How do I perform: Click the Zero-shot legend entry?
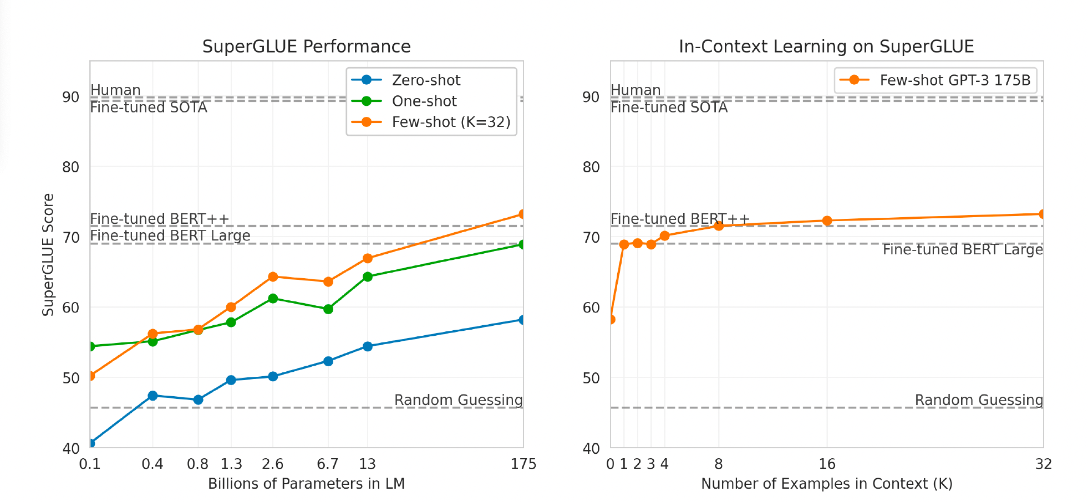(425, 80)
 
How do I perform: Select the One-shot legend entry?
(424, 101)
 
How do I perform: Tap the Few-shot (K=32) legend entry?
(450, 122)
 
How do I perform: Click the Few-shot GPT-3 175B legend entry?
(954, 80)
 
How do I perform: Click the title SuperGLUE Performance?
(306, 47)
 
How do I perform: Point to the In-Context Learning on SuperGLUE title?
(826, 47)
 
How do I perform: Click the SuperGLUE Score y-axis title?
(48, 255)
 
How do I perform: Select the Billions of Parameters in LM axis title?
(306, 484)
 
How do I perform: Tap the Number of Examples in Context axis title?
(826, 484)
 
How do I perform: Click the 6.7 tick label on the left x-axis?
(328, 464)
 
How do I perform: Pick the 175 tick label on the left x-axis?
(523, 464)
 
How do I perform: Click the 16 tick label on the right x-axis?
(827, 464)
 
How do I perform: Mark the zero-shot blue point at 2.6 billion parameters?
(273, 376)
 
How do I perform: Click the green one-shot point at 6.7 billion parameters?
(328, 309)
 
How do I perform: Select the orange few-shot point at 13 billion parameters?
(367, 258)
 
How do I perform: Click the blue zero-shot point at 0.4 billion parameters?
(152, 396)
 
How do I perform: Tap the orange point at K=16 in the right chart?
(827, 221)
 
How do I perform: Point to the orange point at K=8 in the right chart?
(719, 226)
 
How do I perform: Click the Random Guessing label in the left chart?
(458, 400)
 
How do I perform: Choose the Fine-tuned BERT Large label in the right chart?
(962, 250)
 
